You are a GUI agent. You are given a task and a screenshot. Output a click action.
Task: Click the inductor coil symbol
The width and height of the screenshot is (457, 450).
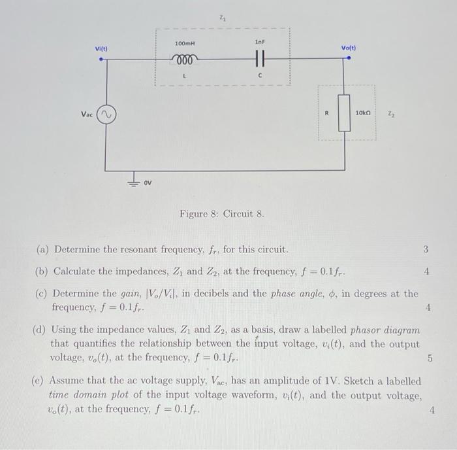[185, 58]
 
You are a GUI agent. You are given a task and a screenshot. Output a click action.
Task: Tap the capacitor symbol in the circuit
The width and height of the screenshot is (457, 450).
[260, 58]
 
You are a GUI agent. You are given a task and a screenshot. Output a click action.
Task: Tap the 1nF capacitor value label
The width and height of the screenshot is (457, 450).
[259, 42]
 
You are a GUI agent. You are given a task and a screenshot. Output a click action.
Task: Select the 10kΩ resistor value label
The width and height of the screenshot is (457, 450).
[363, 113]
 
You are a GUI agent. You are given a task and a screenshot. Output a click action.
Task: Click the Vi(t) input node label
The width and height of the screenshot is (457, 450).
[101, 48]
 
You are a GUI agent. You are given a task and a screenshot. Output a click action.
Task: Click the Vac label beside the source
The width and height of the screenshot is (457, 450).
[87, 114]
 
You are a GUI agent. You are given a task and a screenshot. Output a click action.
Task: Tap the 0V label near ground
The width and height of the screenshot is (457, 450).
[148, 182]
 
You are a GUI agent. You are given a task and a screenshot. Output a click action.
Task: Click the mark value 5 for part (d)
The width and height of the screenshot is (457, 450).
[430, 358]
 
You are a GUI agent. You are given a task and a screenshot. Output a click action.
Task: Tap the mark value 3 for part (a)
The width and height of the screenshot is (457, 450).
[425, 249]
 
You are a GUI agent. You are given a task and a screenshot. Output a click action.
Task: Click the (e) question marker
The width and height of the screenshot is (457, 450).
[39, 381]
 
